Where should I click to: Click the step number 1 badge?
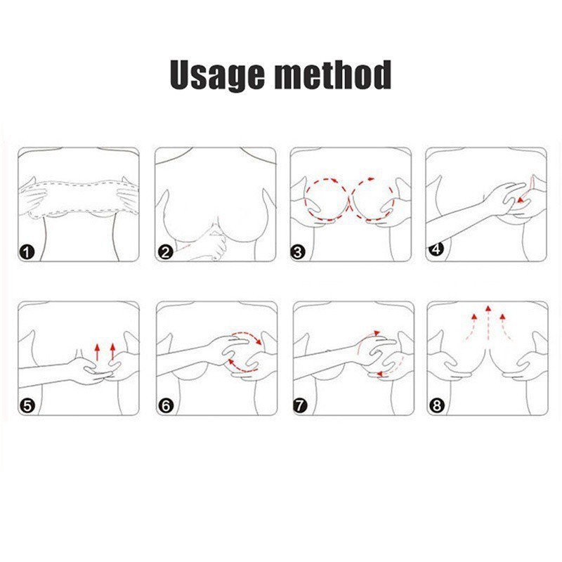tap(27, 253)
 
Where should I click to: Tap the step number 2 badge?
tap(165, 253)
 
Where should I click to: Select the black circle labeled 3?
tap(298, 253)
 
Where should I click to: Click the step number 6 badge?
tap(166, 406)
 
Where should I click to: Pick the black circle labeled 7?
tap(301, 406)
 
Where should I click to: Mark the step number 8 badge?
tap(436, 406)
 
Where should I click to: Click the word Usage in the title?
tap(216, 75)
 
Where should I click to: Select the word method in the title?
tap(332, 74)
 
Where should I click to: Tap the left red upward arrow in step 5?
tap(97, 353)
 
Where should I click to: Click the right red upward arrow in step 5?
tap(113, 352)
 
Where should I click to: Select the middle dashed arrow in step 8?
tap(488, 322)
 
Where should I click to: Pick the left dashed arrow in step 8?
tap(471, 327)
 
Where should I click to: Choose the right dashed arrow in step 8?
tap(506, 327)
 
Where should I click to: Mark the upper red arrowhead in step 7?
tap(377, 333)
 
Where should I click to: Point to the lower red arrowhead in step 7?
tap(381, 374)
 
